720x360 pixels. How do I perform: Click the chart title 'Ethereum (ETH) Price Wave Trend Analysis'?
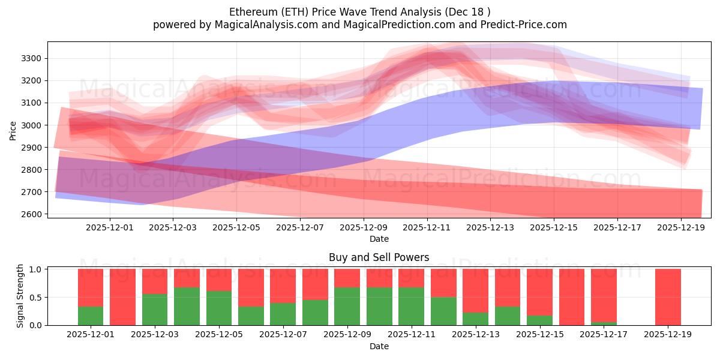tap(359, 12)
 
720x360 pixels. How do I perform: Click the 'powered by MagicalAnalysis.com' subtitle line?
tap(359, 25)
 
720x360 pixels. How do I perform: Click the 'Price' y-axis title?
tap(13, 130)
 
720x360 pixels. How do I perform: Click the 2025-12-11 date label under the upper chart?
tap(427, 227)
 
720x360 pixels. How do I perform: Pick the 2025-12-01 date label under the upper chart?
tap(110, 227)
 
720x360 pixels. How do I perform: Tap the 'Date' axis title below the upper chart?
tap(379, 239)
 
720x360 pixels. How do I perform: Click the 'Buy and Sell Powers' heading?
tap(379, 257)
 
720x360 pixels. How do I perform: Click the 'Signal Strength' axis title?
tap(20, 296)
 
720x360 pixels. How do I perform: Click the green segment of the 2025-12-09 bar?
tap(347, 306)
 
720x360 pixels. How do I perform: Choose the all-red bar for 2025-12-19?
tap(668, 297)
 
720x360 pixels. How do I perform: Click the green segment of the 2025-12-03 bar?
tap(155, 310)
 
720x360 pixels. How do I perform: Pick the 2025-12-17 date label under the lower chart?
tap(604, 335)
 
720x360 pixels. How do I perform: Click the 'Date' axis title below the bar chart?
tap(379, 346)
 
